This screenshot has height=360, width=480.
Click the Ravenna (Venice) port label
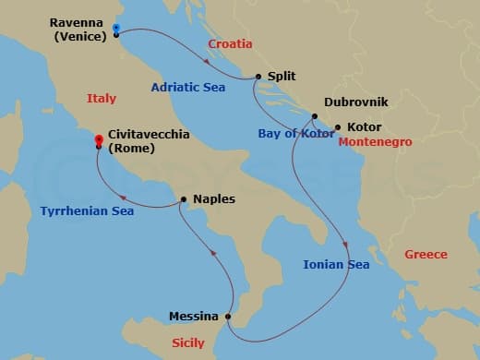67,30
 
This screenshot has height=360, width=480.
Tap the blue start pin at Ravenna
115,28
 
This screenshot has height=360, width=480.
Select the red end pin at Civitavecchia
99,140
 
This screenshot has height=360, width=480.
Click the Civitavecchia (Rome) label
149,140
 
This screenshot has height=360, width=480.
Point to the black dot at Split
258,78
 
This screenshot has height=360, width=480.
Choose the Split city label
281,78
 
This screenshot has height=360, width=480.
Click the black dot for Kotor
338,127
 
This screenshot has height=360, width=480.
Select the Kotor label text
365,126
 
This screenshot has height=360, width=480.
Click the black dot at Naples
185,198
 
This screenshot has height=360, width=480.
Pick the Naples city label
214,198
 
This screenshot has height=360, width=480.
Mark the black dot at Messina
228,317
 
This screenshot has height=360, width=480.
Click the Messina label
194,317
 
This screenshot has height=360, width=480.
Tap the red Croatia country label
230,43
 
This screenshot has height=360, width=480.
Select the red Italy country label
102,98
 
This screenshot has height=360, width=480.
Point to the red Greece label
426,254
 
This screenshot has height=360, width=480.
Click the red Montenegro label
375,142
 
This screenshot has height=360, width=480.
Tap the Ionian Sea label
336,265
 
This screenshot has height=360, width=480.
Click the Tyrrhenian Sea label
87,211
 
